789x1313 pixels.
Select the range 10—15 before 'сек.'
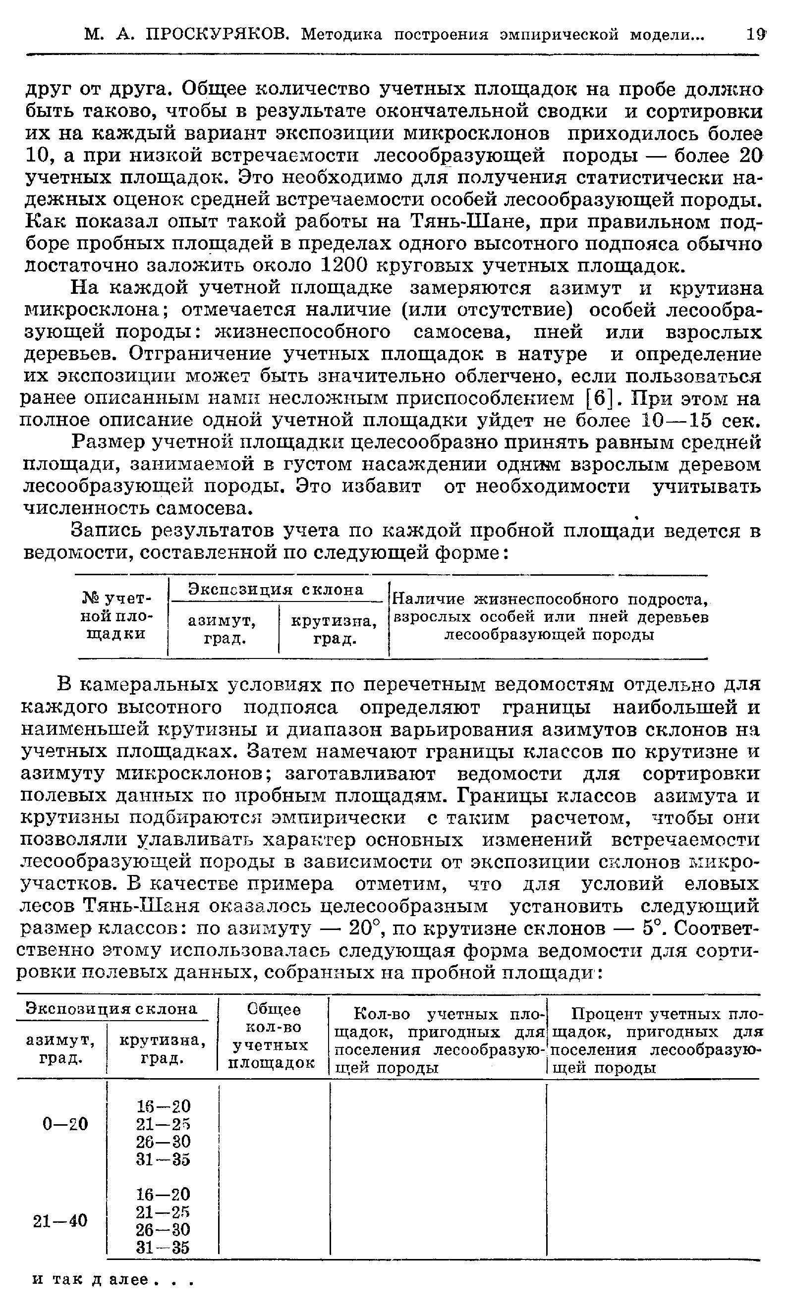click(676, 420)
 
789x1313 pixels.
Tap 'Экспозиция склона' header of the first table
click(277, 589)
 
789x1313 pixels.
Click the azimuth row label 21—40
click(60, 1220)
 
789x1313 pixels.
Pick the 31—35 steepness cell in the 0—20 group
click(163, 1159)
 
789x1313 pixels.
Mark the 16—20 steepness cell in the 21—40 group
click(163, 1194)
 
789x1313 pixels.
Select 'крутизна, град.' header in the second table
click(162, 1049)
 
